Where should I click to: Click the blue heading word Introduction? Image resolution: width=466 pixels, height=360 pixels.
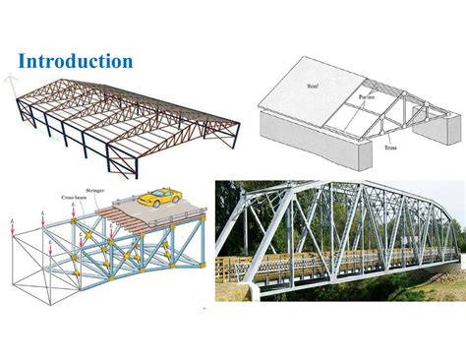[x=76, y=61]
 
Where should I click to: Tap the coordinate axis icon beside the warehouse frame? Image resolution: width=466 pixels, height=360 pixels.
[x=13, y=83]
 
